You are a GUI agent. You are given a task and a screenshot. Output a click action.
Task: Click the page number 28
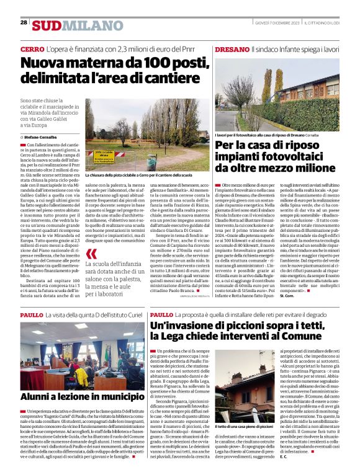point(24,23)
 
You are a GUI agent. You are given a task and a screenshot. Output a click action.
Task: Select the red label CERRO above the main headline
point(32,48)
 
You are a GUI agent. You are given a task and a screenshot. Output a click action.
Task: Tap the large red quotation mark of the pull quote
point(92,254)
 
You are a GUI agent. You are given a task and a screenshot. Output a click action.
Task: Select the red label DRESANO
point(231,48)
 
